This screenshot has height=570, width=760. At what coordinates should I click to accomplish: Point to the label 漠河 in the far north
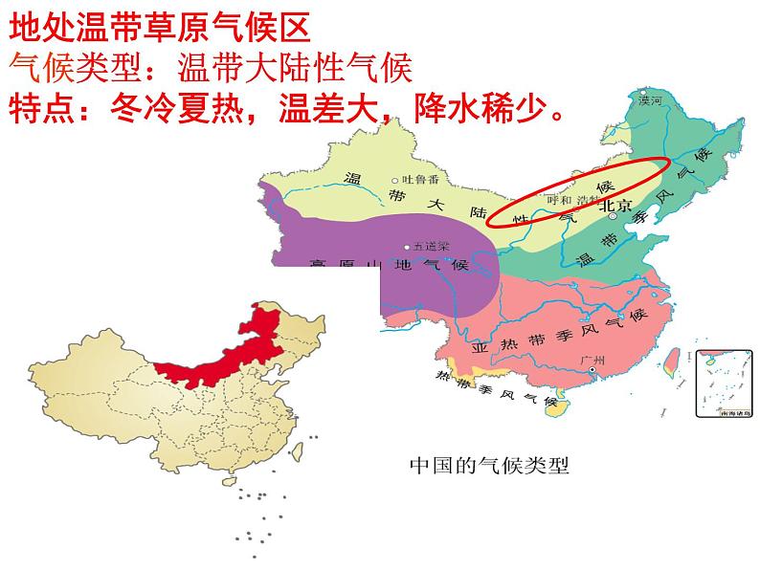pyautogui.click(x=651, y=99)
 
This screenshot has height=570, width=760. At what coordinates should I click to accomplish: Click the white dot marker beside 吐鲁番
pyautogui.click(x=395, y=181)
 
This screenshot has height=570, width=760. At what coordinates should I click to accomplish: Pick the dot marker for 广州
pyautogui.click(x=593, y=370)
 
